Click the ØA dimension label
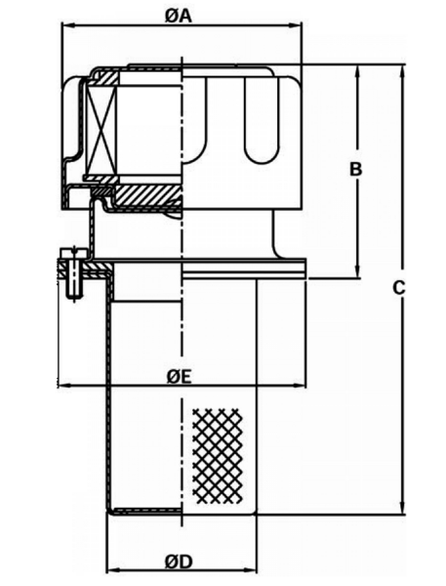click(x=179, y=16)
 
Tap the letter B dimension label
click(x=355, y=169)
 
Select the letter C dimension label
click(x=399, y=288)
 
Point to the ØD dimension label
click(x=179, y=562)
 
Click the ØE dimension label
click(x=179, y=377)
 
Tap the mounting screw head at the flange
click(x=74, y=253)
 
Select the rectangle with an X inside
click(x=101, y=129)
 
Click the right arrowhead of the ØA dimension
click(x=296, y=25)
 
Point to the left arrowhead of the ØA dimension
click(x=67, y=25)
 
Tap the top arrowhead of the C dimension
click(x=402, y=71)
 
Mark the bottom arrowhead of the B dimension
click(x=358, y=272)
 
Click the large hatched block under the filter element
click(x=148, y=195)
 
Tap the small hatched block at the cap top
click(x=106, y=78)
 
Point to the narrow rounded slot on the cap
click(x=262, y=119)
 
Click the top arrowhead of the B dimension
click(x=358, y=71)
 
